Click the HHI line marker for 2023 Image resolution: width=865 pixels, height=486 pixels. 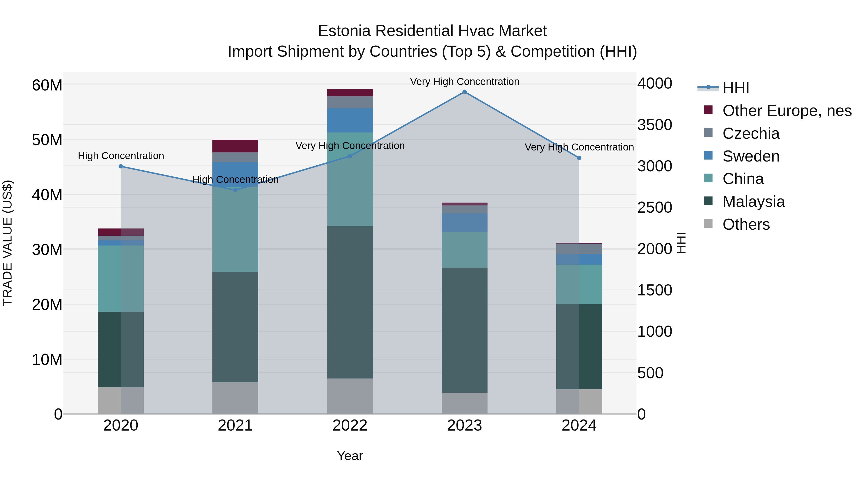(464, 92)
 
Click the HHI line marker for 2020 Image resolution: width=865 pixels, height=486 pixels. (121, 166)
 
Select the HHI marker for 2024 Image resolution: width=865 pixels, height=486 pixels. (579, 158)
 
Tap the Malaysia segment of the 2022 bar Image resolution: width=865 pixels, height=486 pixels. (350, 302)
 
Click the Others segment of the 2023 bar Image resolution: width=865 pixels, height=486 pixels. (464, 403)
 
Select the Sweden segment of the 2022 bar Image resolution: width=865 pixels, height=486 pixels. (350, 120)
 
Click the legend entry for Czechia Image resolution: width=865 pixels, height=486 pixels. (751, 133)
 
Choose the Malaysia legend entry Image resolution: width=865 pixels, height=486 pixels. (754, 202)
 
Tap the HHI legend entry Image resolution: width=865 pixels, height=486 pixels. (735, 88)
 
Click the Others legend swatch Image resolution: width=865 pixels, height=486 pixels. (708, 224)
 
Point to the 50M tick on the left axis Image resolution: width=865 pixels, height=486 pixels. (47, 140)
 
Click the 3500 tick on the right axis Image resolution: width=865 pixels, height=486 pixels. (655, 125)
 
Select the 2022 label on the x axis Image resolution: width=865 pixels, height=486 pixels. (350, 426)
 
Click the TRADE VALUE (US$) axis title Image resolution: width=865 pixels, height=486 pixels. (7, 243)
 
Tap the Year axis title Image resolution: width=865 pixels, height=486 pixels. (350, 456)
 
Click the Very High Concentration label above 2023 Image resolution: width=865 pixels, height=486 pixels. (464, 82)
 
